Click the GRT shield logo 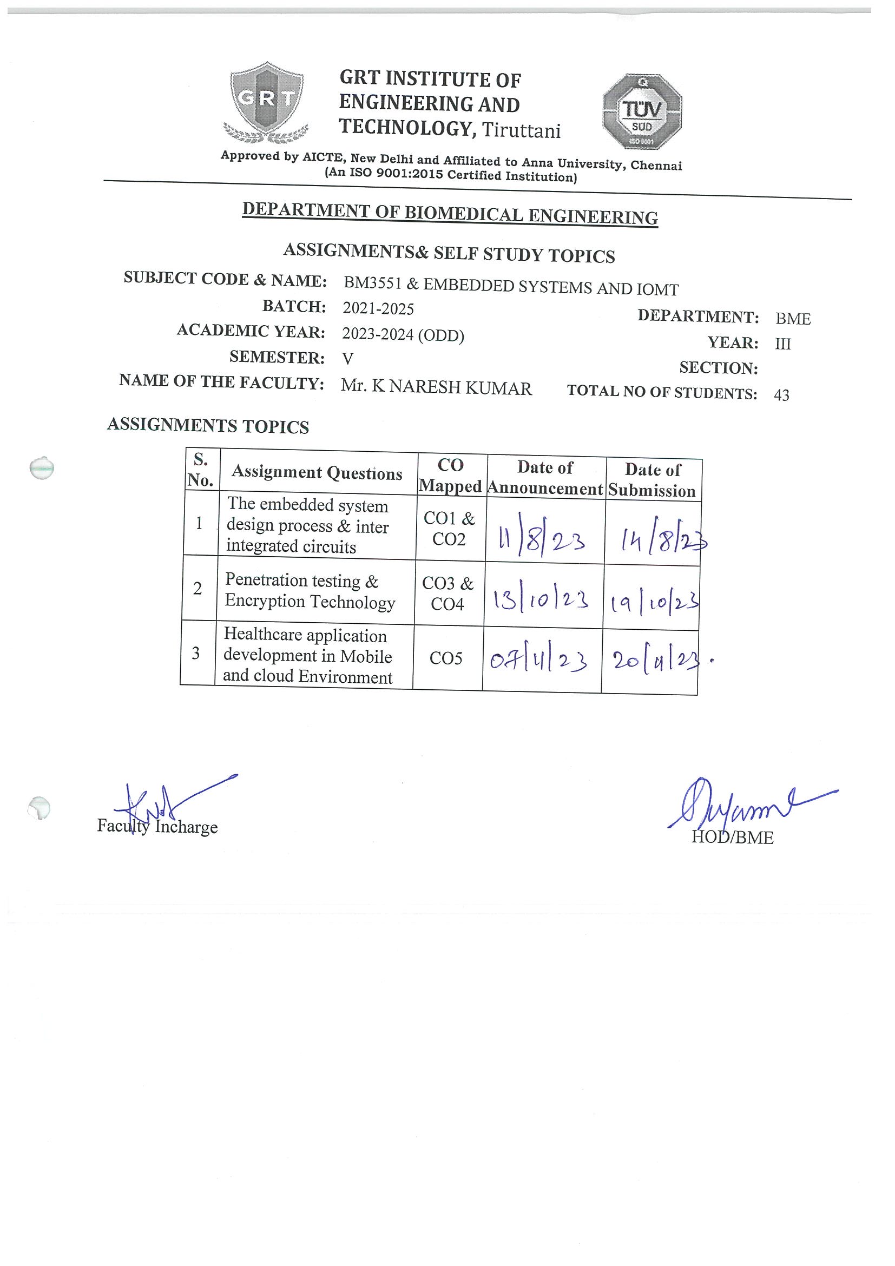tap(266, 101)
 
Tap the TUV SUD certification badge tap(642, 111)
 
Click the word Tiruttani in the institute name tap(521, 131)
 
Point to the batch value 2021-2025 tap(378, 309)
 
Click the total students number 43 tap(781, 395)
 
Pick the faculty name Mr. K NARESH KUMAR tap(436, 387)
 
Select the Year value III tap(783, 344)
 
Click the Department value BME tap(793, 319)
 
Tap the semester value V tap(347, 359)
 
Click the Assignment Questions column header tap(317, 472)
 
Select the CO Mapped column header tap(451, 476)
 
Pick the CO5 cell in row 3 tap(446, 658)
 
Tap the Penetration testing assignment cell tap(310, 591)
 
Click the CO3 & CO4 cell tap(448, 594)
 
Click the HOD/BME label tap(732, 838)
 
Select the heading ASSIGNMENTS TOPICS tap(208, 426)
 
